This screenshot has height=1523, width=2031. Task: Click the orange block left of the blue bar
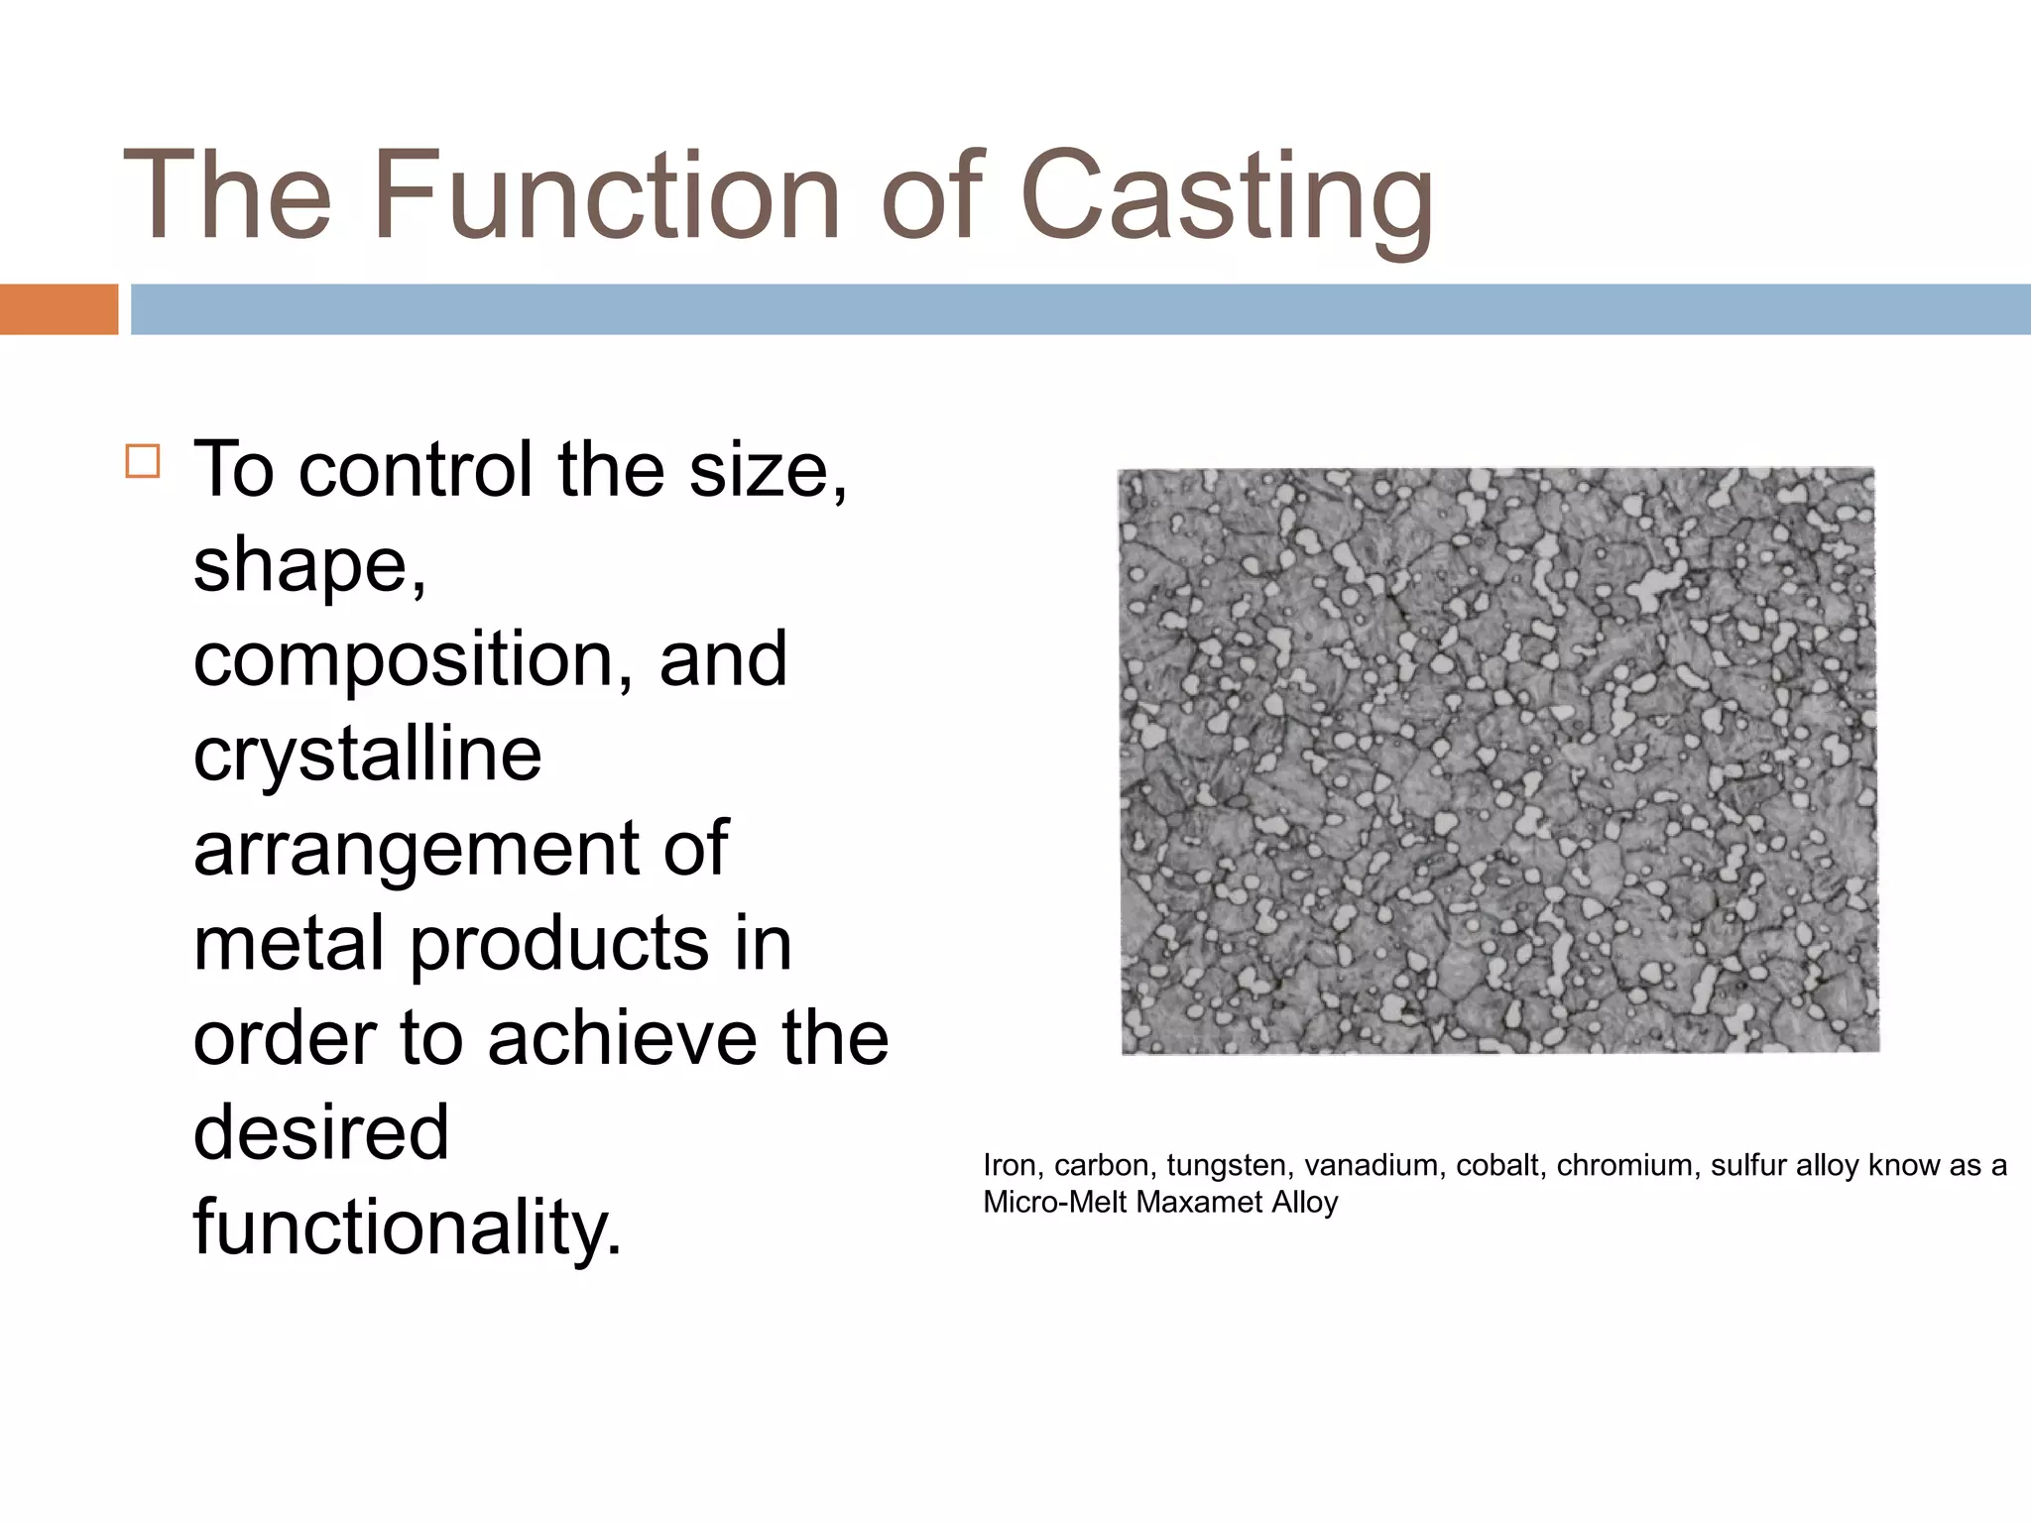[x=59, y=309]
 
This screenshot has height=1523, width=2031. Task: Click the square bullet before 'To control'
[x=143, y=462]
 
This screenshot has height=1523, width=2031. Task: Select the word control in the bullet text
[x=415, y=469]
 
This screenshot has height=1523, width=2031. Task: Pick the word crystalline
[x=368, y=756]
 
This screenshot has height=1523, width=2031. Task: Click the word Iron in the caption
[x=1010, y=1165]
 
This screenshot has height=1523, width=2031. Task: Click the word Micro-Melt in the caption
[x=1055, y=1202]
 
